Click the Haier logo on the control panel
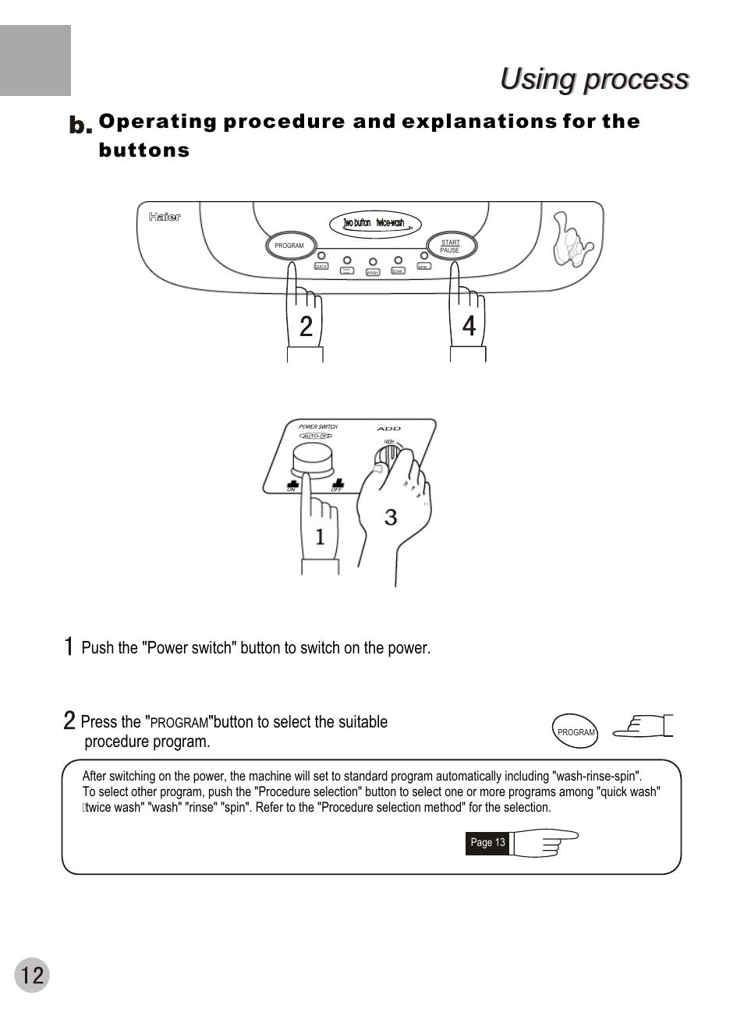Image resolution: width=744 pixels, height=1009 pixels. [165, 217]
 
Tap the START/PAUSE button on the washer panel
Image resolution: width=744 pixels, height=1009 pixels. [452, 246]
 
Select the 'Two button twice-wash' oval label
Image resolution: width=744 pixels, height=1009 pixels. [376, 224]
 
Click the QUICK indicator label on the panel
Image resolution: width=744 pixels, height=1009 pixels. [321, 267]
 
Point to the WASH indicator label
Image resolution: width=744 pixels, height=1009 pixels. [372, 273]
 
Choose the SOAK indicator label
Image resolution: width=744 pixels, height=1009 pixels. [397, 271]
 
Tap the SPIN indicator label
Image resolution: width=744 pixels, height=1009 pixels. [423, 267]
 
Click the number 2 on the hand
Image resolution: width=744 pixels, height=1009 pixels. [306, 326]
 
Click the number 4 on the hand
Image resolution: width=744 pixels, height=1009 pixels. [469, 326]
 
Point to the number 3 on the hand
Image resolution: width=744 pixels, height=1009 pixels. [391, 517]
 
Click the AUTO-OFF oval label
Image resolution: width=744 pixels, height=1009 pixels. [316, 436]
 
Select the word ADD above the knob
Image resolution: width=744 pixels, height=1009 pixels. [388, 429]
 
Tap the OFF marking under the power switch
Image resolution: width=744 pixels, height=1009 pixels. [337, 489]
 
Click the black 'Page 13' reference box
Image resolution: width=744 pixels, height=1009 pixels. [487, 843]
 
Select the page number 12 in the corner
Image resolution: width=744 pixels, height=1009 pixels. [32, 975]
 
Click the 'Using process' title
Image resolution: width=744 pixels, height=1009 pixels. [594, 79]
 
